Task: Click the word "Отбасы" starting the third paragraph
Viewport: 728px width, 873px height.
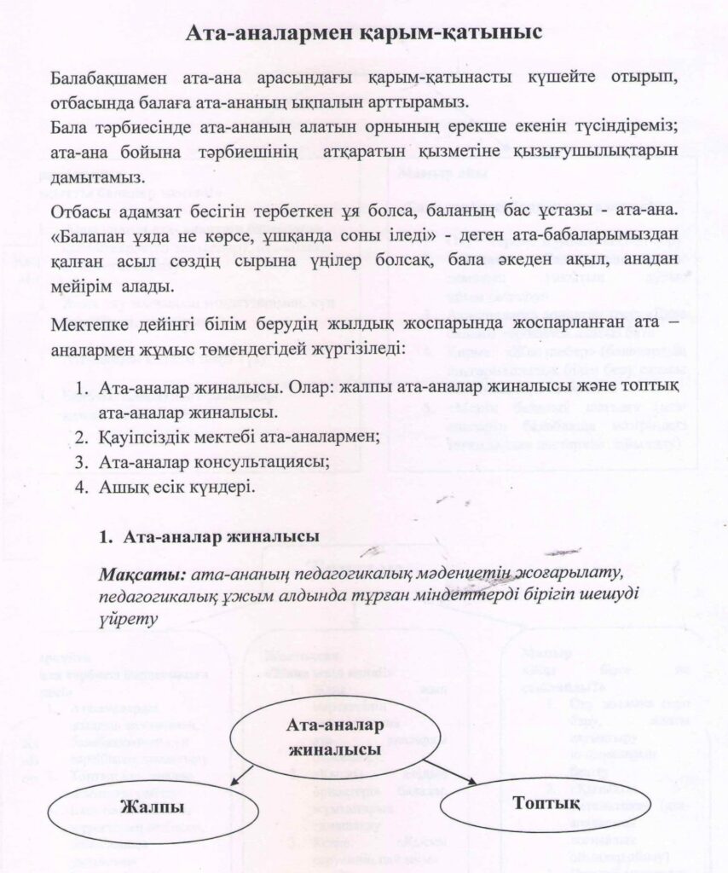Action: tap(78, 210)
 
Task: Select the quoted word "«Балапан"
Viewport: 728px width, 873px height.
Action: tap(89, 235)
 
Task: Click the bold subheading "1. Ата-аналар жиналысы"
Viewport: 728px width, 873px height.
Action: tap(210, 537)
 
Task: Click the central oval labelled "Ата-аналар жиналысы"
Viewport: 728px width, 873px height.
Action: tap(334, 737)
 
